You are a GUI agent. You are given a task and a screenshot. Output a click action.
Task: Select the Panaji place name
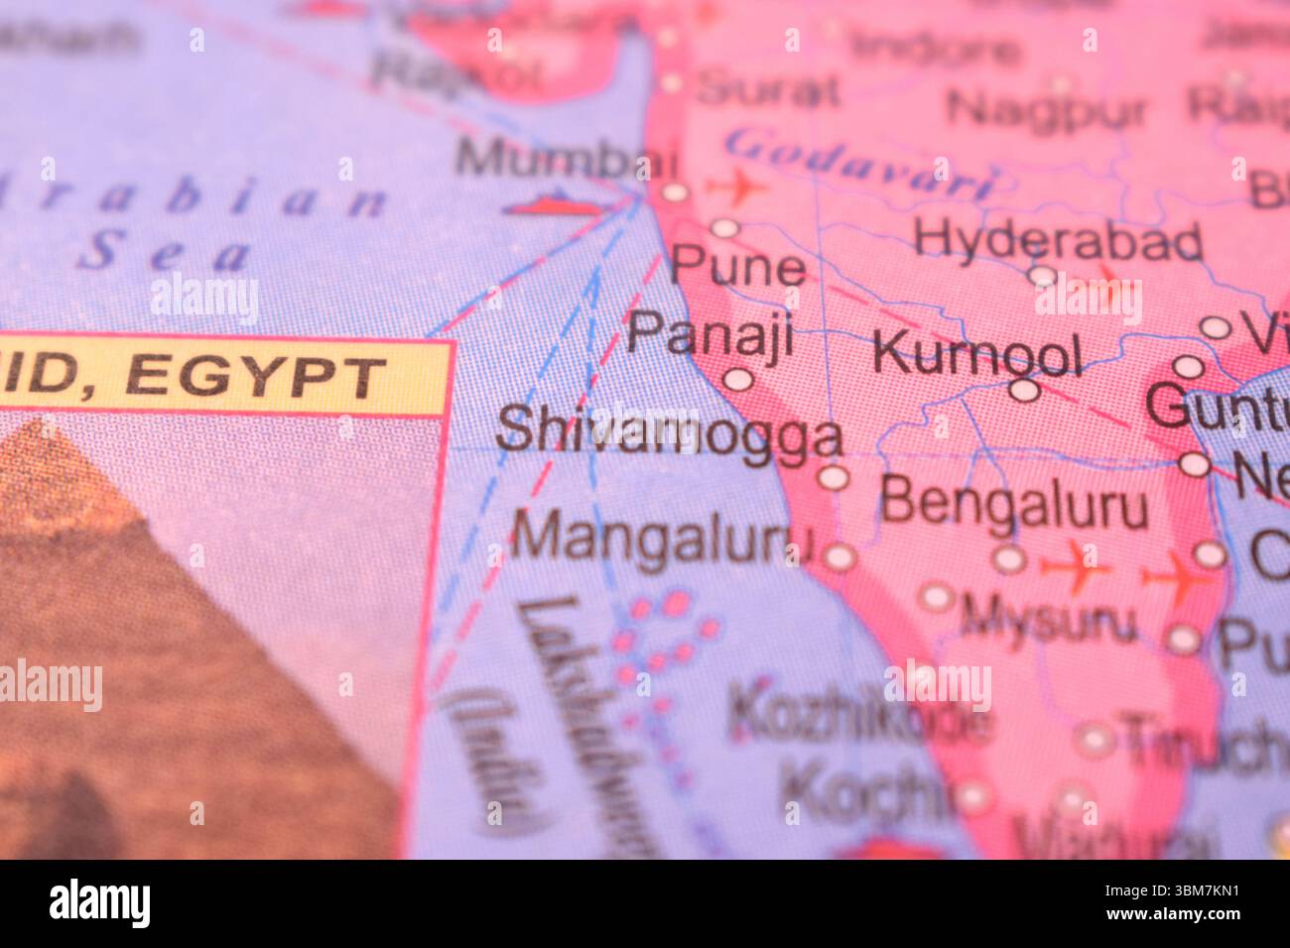pyautogui.click(x=710, y=334)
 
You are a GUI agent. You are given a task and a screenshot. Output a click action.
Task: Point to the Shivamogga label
pyautogui.click(x=669, y=433)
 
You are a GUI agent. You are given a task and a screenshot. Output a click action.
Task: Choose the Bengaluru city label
pyautogui.click(x=1013, y=503)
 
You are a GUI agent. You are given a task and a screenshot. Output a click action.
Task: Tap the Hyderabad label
pyautogui.click(x=1058, y=239)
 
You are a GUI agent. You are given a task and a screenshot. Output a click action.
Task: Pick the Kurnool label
pyautogui.click(x=976, y=353)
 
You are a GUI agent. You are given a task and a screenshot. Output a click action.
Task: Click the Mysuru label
pyautogui.click(x=1048, y=621)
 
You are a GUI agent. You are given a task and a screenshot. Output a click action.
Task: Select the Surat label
pyautogui.click(x=767, y=90)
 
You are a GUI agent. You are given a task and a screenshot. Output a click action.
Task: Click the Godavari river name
pyautogui.click(x=859, y=165)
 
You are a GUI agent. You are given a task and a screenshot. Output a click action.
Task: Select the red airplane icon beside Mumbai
pyautogui.click(x=735, y=185)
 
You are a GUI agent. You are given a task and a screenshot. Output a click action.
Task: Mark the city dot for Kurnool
pyautogui.click(x=1024, y=390)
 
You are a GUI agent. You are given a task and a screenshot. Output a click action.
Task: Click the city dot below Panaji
pyautogui.click(x=737, y=379)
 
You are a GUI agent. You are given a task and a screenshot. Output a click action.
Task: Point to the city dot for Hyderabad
pyautogui.click(x=1042, y=275)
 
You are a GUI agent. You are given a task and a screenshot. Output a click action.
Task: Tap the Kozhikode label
pyautogui.click(x=859, y=717)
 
